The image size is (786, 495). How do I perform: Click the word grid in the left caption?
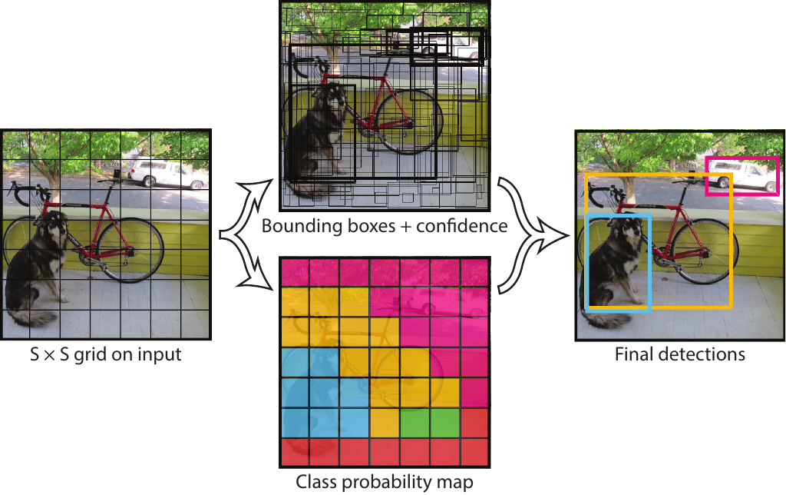pos(91,355)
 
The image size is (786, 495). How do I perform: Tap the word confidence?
pos(461,226)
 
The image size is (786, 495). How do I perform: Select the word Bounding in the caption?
pos(296,227)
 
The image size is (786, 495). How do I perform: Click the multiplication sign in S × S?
pos(49,355)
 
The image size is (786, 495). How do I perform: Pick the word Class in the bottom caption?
pos(313,481)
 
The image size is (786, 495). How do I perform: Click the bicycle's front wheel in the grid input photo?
pos(129,250)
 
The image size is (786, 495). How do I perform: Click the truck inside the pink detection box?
pos(742,177)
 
